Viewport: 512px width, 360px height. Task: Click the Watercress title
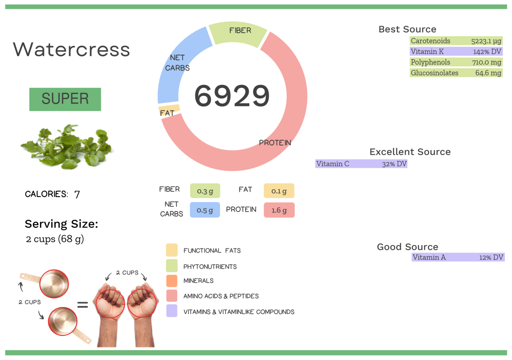71,50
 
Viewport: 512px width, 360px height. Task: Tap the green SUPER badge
65,99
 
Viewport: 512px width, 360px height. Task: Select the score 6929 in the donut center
232,96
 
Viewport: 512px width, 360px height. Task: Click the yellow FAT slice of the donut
169,110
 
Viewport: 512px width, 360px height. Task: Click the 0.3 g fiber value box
205,191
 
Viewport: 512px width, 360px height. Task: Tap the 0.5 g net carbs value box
205,210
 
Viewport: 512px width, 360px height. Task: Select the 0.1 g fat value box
279,191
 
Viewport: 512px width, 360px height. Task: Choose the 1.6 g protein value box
279,210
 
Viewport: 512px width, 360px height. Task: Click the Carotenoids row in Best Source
456,41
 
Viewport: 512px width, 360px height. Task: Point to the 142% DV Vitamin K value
487,52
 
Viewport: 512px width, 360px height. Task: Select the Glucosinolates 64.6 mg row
456,73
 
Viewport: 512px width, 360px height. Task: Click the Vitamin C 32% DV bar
361,164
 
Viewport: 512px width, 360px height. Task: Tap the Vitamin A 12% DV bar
458,257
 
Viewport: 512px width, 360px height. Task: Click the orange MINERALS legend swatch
172,281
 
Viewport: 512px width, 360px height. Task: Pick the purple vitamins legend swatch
172,311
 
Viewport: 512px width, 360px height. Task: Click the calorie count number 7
77,194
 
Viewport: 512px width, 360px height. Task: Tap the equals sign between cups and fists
82,304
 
